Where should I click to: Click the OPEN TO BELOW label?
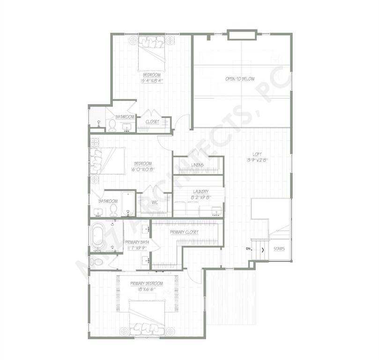240,79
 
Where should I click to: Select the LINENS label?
197,165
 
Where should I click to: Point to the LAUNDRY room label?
200,191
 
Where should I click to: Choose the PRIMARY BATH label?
136,242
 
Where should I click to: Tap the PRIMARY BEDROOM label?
146,284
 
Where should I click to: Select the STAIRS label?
280,248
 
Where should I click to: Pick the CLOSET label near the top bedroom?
152,122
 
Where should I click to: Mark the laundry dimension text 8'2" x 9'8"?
200,198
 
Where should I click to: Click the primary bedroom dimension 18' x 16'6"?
146,290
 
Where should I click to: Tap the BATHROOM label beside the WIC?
107,202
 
